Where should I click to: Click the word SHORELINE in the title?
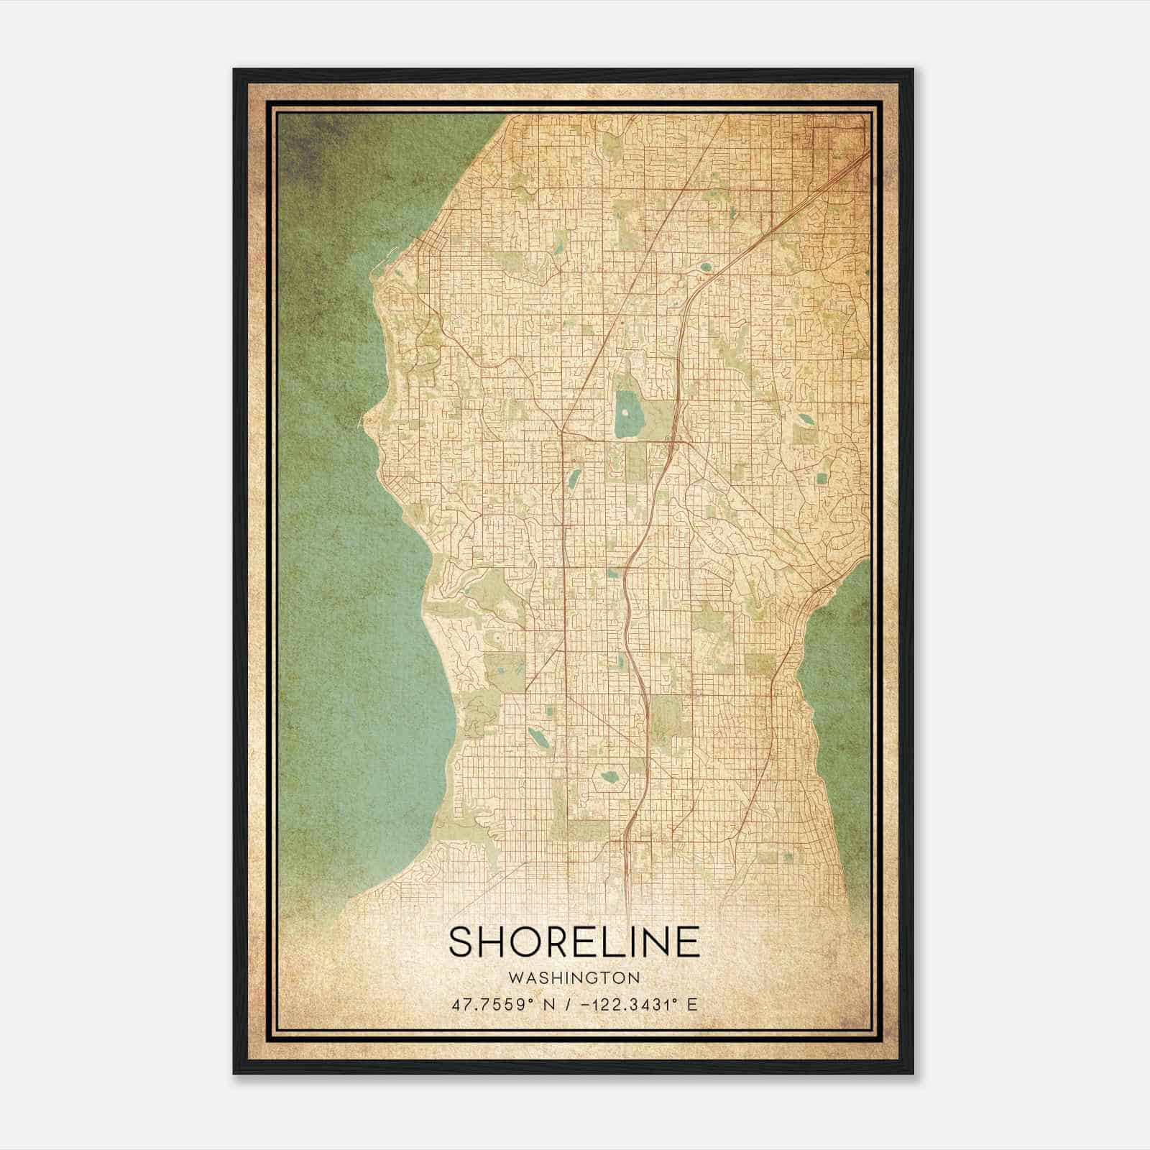coord(574,942)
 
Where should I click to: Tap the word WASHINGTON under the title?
coord(574,978)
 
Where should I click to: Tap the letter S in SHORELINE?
coord(464,942)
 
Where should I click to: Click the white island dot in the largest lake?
coord(625,413)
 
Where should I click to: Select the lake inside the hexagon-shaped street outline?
coord(609,777)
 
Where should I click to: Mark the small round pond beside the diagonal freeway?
coord(706,267)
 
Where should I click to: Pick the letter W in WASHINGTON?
coord(514,978)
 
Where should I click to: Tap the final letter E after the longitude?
coord(692,1005)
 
